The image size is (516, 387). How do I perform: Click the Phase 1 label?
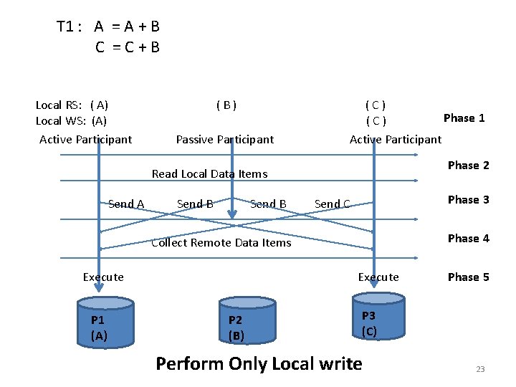coord(464,118)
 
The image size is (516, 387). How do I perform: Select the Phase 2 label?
coord(468,166)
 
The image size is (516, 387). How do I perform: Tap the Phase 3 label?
coord(468,200)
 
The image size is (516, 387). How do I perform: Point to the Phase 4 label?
coord(468,239)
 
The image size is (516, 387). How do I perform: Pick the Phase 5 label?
coord(468,277)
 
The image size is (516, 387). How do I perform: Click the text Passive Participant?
coord(225,140)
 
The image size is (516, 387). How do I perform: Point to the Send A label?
coord(126,204)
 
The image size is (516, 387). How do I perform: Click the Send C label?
coord(333,204)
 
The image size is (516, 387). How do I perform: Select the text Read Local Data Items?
coord(209,174)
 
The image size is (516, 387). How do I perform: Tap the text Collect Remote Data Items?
coord(221,243)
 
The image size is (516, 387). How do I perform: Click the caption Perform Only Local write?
coord(259,364)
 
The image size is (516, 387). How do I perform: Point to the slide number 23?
coord(480,369)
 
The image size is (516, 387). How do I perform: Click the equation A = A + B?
coord(126,27)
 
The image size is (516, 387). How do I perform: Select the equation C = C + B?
coord(128,48)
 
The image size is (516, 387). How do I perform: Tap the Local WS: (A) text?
coord(71,121)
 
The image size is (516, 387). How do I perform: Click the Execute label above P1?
coord(103,277)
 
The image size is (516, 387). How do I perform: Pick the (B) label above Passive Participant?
coord(226,105)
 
